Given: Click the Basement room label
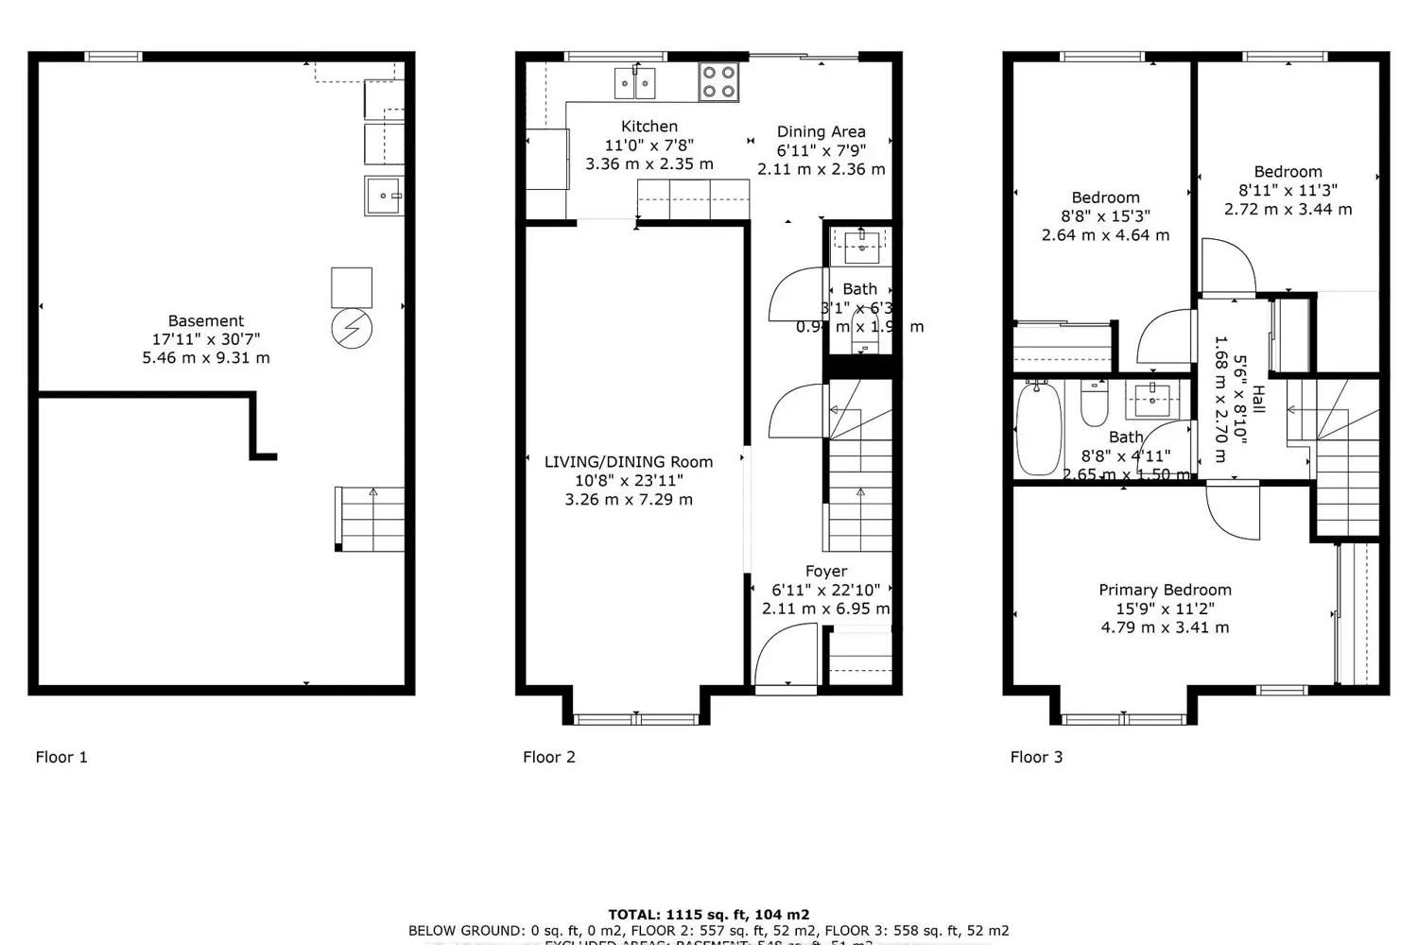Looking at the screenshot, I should (x=205, y=321).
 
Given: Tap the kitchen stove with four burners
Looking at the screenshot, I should (x=718, y=81).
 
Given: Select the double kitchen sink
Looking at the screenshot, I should (x=635, y=83).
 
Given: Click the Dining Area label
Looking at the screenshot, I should (x=821, y=132).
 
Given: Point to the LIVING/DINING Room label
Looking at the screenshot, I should (x=629, y=462).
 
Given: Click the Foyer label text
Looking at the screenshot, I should (x=825, y=572).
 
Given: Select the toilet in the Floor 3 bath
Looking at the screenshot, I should (x=1094, y=405).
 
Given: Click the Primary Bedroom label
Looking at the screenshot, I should (x=1165, y=590).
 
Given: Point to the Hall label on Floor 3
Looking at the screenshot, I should (x=1257, y=401).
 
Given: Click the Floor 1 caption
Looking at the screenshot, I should (x=61, y=757).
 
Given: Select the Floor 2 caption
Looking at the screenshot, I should (x=549, y=757).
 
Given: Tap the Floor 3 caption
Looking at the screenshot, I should (x=1036, y=757).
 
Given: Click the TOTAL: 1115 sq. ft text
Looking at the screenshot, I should (x=708, y=915).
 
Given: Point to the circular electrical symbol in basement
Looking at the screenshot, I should (x=352, y=329).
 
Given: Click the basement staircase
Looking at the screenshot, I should (x=371, y=519).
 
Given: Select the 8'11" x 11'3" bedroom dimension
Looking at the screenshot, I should (x=1288, y=191).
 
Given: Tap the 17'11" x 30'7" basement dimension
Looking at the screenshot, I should (x=205, y=339).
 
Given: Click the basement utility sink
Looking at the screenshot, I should (x=384, y=196).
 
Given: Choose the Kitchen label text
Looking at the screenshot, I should (x=648, y=127).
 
